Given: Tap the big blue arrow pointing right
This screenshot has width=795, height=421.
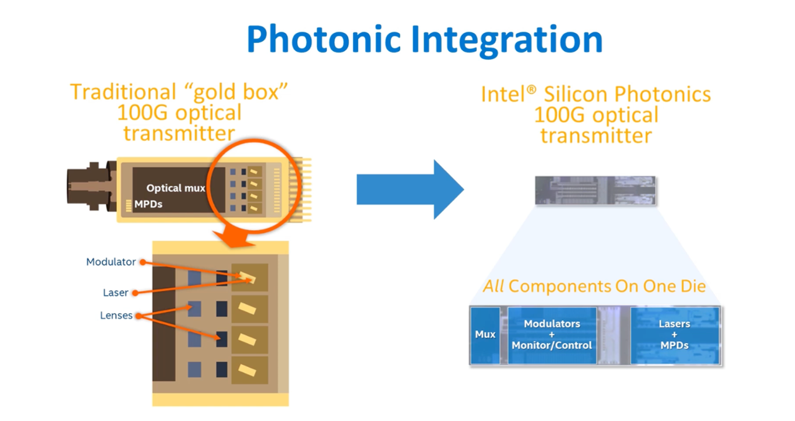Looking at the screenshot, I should click(409, 189).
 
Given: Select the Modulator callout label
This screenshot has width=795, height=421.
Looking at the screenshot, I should click(110, 262).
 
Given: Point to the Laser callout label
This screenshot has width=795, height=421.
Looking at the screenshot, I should click(115, 293).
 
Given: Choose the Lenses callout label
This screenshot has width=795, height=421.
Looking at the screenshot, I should click(116, 316).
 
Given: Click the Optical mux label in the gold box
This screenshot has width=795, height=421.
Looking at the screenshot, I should click(175, 188).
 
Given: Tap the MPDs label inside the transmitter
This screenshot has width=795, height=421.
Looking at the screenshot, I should click(149, 204).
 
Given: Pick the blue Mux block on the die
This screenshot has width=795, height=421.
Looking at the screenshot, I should click(485, 334).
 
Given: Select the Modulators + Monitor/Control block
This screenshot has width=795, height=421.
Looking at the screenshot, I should click(552, 334).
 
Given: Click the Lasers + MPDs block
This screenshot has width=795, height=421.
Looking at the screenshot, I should click(674, 334).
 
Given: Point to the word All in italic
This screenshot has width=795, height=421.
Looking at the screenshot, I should click(494, 286).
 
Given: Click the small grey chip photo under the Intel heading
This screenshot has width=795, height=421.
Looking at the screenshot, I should click(596, 190).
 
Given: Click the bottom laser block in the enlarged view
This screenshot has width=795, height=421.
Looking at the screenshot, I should click(250, 370).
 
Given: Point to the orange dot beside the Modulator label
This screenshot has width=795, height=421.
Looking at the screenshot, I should click(143, 262).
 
